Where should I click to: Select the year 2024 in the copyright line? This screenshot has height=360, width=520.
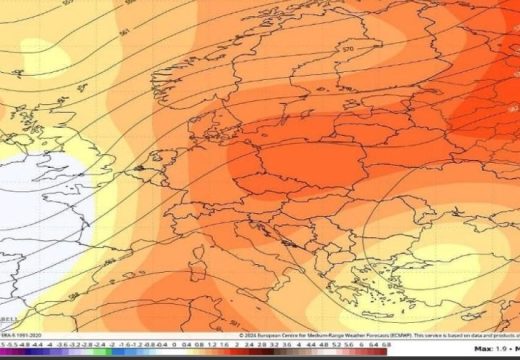pyautogui.click(x=254, y=335)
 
